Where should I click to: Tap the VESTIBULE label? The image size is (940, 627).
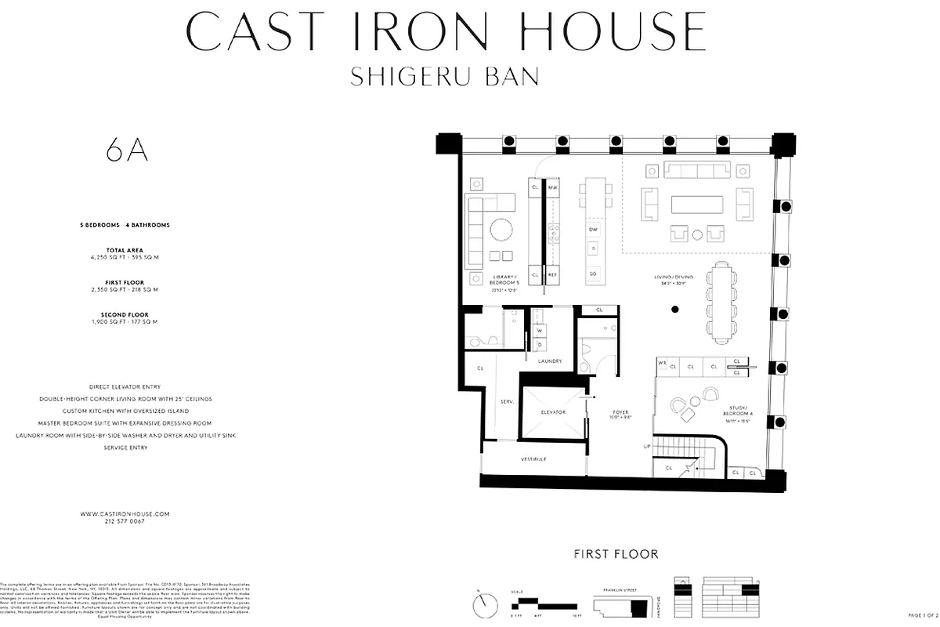533,459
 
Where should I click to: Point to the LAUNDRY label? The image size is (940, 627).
551,361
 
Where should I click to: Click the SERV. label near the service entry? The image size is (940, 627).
507,402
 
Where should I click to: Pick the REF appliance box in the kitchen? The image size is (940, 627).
552,275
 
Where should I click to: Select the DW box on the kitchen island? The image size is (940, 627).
593,229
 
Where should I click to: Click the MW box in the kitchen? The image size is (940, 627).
552,188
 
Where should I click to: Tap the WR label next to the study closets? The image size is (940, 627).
662,364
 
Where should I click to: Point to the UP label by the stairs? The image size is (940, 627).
646,447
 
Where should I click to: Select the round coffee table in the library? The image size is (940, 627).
499,230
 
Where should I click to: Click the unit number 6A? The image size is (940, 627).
127,151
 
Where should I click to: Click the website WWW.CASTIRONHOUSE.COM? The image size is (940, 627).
125,513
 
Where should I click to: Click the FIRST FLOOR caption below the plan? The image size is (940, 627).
616,554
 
